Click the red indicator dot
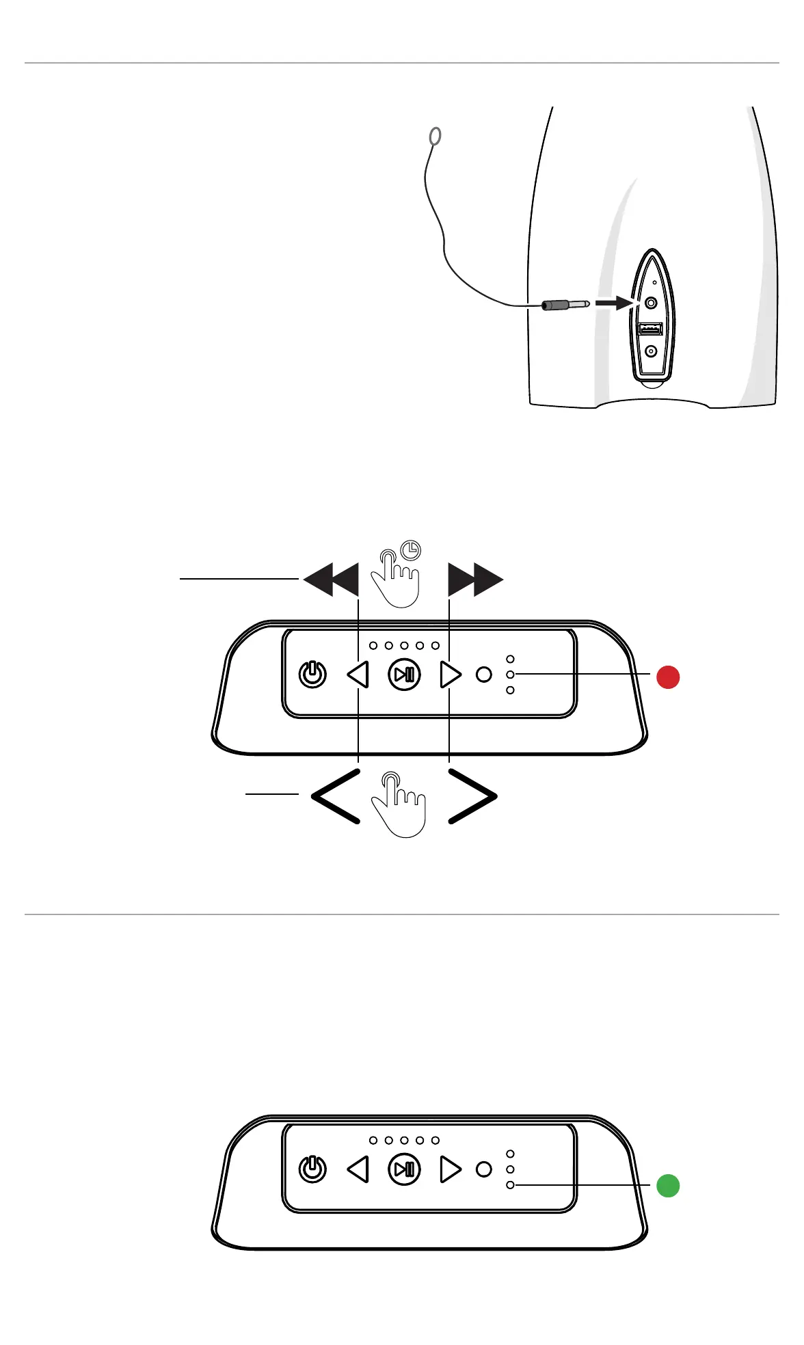tap(668, 677)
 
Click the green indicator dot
tap(668, 1186)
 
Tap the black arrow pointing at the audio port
tap(613, 302)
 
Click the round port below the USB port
tap(651, 351)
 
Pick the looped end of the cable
tap(435, 137)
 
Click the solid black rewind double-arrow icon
tap(332, 580)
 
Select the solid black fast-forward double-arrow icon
tap(475, 580)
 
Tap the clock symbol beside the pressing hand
tap(411, 549)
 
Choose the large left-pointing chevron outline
tap(336, 796)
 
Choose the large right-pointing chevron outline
tap(472, 796)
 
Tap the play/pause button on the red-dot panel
tap(404, 675)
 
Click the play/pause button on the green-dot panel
tap(404, 1169)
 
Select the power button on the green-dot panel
tap(313, 1169)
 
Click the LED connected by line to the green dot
tap(510, 1185)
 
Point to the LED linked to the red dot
tap(510, 675)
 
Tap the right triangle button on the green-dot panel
tap(451, 1169)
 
